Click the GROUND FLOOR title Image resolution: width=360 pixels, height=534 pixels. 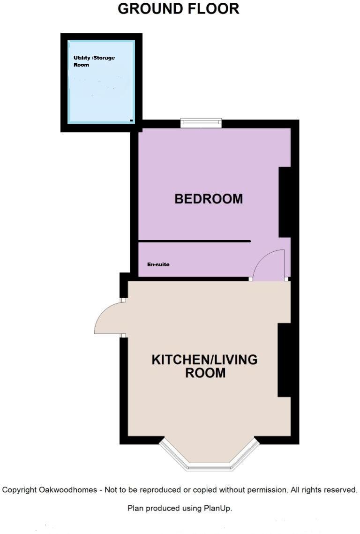(178, 8)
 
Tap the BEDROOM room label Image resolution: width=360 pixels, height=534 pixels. (209, 199)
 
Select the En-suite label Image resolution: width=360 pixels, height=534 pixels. (158, 265)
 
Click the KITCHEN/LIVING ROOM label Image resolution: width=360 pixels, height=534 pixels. (205, 366)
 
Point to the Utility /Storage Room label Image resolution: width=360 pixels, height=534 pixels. (94, 61)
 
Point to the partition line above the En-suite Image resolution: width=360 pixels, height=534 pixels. (195, 241)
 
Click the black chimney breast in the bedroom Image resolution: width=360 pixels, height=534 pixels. (285, 202)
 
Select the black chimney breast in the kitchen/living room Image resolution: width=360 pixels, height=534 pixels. (284, 360)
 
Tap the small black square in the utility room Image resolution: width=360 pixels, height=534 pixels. (131, 120)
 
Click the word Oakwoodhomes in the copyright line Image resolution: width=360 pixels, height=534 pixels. (69, 490)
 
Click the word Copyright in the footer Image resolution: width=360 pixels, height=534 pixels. (20, 490)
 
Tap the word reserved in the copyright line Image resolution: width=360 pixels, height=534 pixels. (340, 490)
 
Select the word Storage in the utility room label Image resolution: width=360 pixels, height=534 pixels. (105, 58)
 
